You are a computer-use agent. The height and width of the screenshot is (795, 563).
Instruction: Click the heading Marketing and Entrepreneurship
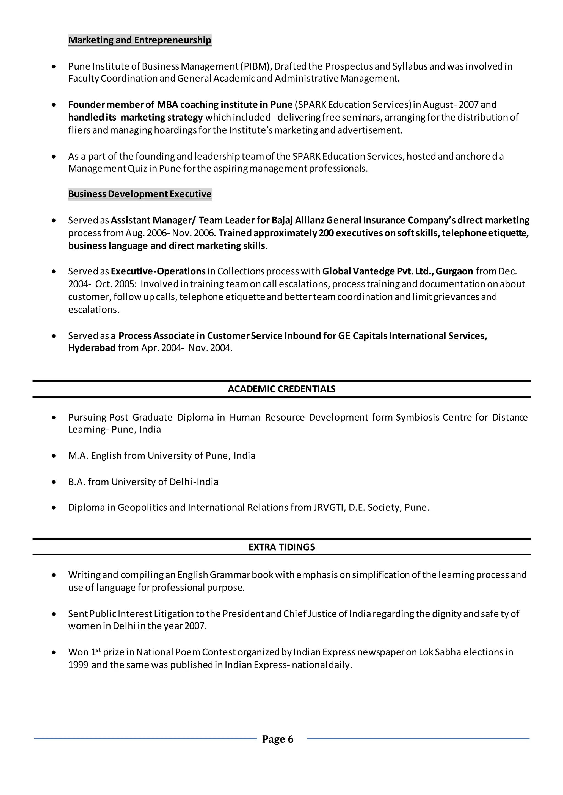pos(139,40)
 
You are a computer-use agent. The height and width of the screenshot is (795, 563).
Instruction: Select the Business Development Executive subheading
pos(140,194)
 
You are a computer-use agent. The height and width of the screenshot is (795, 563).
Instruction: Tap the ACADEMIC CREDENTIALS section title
pos(281,389)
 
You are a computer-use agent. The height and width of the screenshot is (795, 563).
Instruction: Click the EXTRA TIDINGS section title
pos(281,547)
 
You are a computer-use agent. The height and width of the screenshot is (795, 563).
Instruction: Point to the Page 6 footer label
pos(278,739)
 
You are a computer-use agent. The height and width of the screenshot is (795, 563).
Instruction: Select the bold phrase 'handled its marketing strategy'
pos(135,117)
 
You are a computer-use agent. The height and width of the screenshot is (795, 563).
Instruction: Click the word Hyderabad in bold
pos(92,348)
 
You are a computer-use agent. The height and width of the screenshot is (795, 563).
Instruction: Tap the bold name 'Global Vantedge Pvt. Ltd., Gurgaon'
pos(397,271)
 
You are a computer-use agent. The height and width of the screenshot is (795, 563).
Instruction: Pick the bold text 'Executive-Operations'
pos(158,271)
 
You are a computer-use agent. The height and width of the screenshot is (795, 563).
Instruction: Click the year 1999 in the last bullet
pos(78,665)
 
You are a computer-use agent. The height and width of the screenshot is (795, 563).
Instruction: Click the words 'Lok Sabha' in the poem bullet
pos(439,652)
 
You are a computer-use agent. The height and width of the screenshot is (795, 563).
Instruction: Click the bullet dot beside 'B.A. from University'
pos(53,482)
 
